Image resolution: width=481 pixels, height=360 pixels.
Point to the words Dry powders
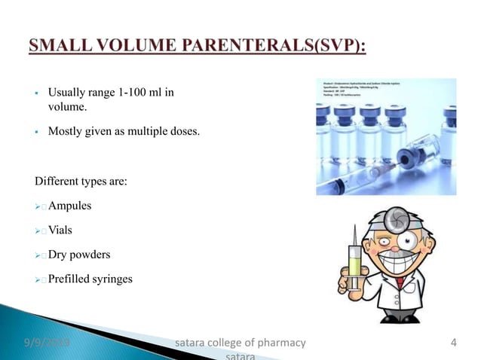(79, 255)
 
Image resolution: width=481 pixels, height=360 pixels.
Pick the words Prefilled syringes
(90, 279)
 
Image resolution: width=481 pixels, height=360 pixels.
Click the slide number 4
(453, 344)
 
